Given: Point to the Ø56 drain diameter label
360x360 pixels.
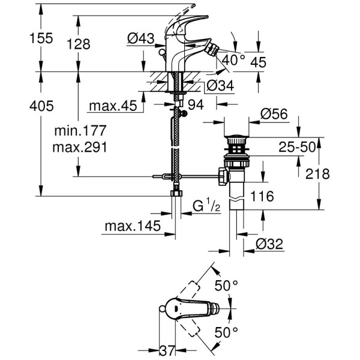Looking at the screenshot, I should tap(274, 113).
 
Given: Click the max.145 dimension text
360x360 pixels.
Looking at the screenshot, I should tap(132, 226).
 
